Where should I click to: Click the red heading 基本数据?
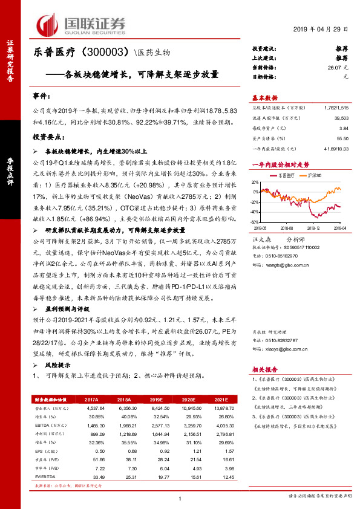[264, 98]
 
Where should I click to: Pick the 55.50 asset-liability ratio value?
[343, 138]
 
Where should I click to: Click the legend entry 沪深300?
[313, 173]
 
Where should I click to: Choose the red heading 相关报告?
[264, 368]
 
